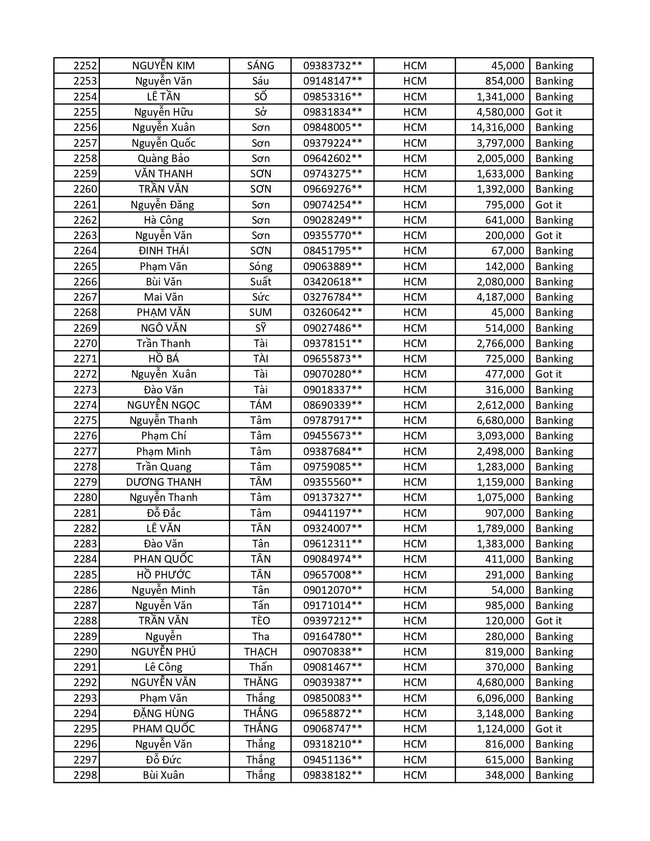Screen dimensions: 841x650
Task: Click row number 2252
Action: click(85, 66)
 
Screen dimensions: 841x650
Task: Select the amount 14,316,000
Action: click(497, 127)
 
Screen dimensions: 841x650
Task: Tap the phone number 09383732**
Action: click(332, 66)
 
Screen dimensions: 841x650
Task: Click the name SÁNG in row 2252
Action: click(261, 66)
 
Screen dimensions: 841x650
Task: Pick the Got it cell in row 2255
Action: click(548, 112)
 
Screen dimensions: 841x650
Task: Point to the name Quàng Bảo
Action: click(163, 159)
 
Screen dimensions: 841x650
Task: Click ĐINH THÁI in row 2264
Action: click(163, 251)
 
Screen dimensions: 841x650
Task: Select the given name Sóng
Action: click(261, 267)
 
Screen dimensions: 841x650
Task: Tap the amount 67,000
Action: click(507, 251)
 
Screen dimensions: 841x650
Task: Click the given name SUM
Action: click(261, 312)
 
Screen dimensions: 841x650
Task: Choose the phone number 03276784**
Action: click(332, 297)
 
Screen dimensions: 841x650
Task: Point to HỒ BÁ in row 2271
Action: click(163, 359)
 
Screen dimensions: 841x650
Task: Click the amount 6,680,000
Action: click(500, 420)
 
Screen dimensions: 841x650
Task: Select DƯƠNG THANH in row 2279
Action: click(163, 482)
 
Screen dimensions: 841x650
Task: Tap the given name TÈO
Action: click(261, 621)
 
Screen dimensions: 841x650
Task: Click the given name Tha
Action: click(261, 637)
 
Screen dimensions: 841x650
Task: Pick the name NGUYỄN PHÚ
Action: click(163, 652)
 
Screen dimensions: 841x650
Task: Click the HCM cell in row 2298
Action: click(414, 775)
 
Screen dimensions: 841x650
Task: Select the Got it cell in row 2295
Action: click(548, 729)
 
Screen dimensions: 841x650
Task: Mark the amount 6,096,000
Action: click(500, 698)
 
